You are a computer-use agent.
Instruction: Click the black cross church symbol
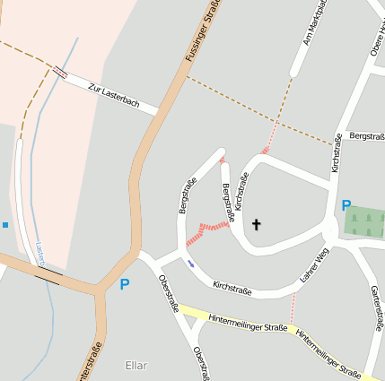coord(256,224)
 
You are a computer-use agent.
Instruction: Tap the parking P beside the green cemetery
coord(346,206)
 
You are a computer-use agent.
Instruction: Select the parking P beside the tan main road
coord(124,285)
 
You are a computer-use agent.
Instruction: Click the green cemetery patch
coord(365,222)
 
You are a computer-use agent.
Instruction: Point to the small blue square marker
coord(4,224)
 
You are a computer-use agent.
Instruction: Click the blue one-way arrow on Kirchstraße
coord(190,263)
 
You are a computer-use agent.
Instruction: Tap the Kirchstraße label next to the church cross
coord(240,191)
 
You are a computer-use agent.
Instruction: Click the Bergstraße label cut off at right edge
coord(366,136)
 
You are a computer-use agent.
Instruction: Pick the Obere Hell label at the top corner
coord(378,40)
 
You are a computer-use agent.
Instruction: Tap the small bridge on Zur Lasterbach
coord(59,72)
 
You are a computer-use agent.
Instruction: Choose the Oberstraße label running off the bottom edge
coord(201,362)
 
